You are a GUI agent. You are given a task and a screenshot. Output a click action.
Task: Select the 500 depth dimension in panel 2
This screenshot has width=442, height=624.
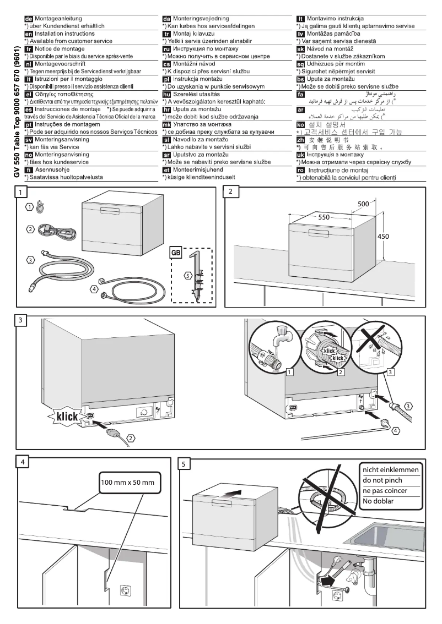pos(364,204)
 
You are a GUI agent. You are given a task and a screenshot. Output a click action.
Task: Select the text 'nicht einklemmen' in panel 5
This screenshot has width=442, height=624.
pos(390,470)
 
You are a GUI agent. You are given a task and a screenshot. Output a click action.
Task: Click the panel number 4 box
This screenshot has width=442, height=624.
pos(21,463)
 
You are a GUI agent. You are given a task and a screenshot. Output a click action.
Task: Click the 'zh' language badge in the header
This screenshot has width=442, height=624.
pos(300,141)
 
